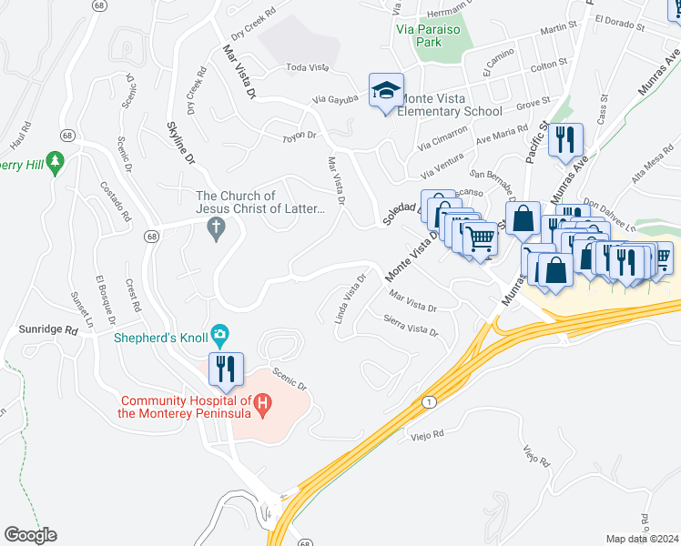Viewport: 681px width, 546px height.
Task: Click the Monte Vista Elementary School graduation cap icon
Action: coord(386,91)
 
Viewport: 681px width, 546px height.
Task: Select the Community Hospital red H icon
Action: coord(262,401)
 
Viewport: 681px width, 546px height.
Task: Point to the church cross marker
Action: coord(216,228)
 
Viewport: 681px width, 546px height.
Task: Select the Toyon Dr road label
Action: coord(299,136)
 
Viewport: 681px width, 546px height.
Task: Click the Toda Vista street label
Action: coord(307,67)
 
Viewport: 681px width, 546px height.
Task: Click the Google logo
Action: coord(30,534)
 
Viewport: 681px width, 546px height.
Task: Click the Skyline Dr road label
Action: coord(180,144)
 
